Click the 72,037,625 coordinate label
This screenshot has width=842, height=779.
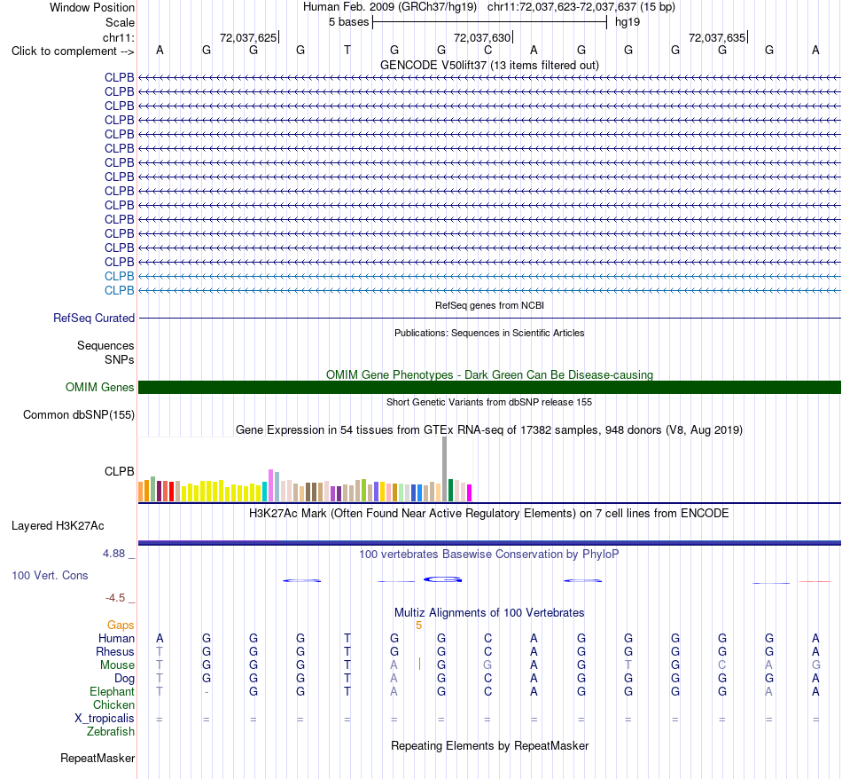[248, 37]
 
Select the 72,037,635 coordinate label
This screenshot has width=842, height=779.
[717, 37]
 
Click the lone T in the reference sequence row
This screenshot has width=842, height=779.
[347, 50]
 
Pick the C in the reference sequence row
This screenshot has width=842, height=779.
[487, 50]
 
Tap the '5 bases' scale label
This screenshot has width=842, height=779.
[349, 22]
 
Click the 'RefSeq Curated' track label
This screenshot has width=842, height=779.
[94, 318]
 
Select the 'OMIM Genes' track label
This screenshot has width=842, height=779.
[100, 387]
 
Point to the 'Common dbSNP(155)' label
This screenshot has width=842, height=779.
[79, 414]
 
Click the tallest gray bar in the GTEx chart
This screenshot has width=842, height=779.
[445, 468]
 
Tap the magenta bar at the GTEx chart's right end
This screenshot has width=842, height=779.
[470, 493]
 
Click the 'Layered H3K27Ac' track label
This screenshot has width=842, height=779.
[58, 526]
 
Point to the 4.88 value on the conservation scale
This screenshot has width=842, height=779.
[113, 554]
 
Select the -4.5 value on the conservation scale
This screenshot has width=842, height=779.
[115, 598]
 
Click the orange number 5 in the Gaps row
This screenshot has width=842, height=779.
[419, 626]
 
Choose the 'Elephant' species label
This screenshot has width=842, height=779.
[113, 691]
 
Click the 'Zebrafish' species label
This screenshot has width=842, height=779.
[111, 731]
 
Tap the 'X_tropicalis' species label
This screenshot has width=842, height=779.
[105, 719]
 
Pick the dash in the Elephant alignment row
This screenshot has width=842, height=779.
[207, 692]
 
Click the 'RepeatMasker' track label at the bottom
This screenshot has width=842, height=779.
[97, 758]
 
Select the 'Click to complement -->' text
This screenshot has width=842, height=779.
[73, 51]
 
